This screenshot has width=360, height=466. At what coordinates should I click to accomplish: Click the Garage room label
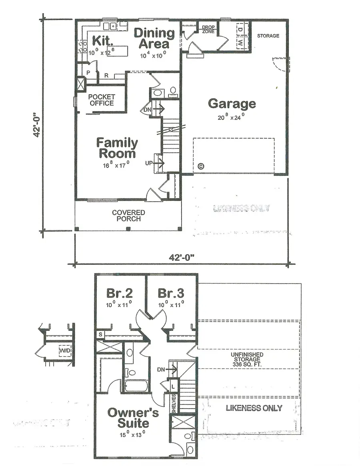232,104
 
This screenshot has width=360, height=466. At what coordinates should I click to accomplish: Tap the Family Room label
117,148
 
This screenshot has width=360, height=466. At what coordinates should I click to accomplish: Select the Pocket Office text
102,100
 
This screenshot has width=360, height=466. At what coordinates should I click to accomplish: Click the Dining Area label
154,38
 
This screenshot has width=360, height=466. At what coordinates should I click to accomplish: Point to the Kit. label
99,40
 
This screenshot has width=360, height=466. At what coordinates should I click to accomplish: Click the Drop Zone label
208,29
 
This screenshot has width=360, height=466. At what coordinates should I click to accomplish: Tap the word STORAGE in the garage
268,36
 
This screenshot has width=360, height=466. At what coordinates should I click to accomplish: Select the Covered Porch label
128,216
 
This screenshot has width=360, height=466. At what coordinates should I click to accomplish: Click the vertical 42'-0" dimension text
37,124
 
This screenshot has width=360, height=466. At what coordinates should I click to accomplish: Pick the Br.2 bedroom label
119,293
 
